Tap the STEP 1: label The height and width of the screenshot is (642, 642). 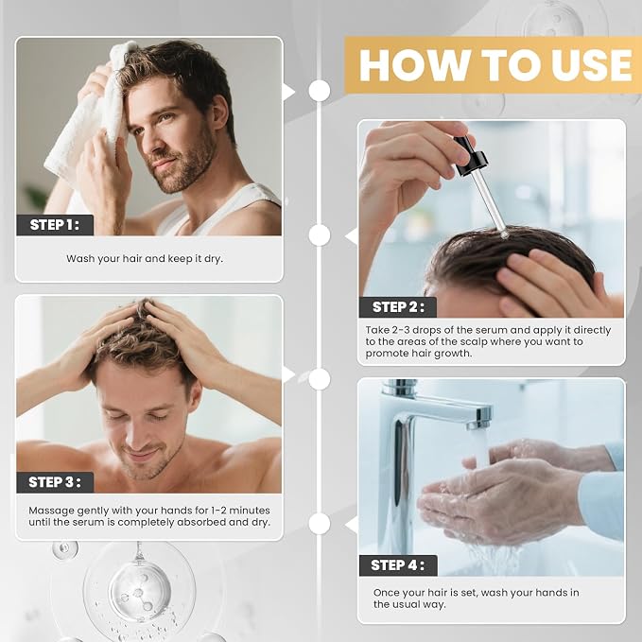tap(55, 225)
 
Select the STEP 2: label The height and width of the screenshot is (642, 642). tap(397, 307)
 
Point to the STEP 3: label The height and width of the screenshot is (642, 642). tap(55, 482)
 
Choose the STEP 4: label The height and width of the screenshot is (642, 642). tap(397, 565)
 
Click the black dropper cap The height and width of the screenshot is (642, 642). tap(470, 156)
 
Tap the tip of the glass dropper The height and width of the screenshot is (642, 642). tap(504, 234)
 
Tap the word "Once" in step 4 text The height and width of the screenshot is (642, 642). tap(385, 593)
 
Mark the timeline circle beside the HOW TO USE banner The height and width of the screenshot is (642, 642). tap(320, 91)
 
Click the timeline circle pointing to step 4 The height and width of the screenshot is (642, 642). tap(320, 524)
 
